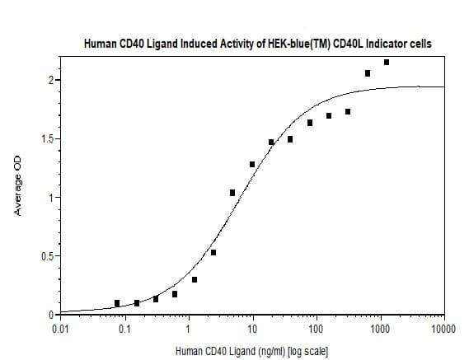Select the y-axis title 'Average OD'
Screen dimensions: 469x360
[17, 185]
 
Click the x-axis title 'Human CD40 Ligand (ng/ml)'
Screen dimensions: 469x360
[230, 351]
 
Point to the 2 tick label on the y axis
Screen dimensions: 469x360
[51, 80]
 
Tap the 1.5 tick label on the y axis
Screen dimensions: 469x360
[47, 138]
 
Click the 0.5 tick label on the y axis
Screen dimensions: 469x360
[47, 256]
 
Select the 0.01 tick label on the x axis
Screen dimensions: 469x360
[61, 330]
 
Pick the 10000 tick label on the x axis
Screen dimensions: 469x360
[444, 330]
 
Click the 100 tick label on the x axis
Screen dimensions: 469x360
[317, 330]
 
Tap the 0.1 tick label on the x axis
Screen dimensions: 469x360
[124, 330]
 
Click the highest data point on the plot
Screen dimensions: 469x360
[387, 62]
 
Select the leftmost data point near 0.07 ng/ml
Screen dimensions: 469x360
[117, 303]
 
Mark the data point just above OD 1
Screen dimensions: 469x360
[232, 193]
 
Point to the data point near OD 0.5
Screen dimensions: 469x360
[213, 253]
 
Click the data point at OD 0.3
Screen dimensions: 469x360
[195, 280]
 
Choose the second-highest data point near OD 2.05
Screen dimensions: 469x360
[368, 73]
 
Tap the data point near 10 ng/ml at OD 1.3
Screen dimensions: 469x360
[252, 165]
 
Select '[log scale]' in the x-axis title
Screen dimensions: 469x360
[307, 351]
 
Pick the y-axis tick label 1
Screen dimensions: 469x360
[51, 198]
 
